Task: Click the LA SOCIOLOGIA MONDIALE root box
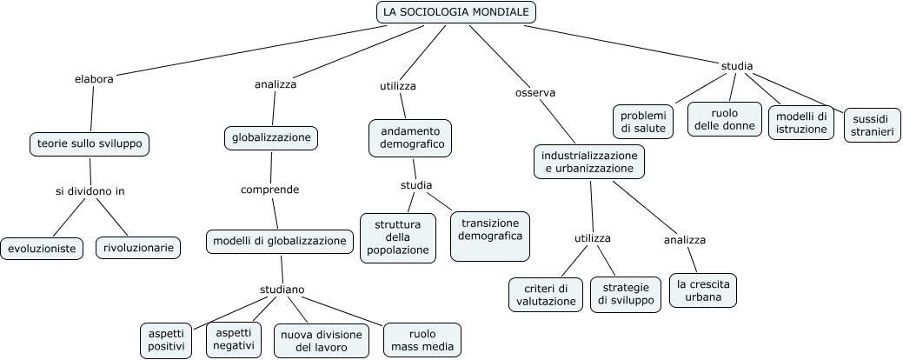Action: [456, 12]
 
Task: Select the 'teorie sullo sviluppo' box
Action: [90, 143]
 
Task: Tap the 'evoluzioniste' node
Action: [42, 249]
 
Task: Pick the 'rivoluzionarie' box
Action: [139, 248]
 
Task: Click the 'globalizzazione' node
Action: [271, 137]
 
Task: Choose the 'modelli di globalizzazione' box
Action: [280, 242]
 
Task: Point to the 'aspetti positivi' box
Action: [167, 340]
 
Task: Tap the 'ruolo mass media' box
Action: [422, 341]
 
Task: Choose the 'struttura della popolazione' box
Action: [397, 237]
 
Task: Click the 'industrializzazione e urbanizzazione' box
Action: [589, 162]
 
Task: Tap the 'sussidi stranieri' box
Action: [873, 124]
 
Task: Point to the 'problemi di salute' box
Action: [643, 123]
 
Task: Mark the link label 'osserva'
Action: [535, 92]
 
